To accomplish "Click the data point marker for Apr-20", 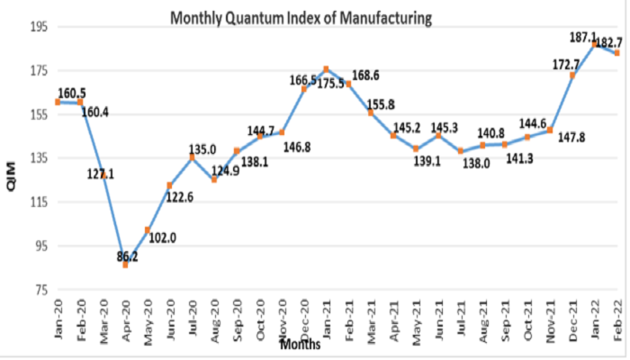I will tap(125, 265).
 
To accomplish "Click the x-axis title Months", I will tap(301, 344).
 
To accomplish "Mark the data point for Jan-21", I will tap(326, 69).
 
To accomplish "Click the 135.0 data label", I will tap(202, 149).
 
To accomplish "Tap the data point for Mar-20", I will tap(103, 175).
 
